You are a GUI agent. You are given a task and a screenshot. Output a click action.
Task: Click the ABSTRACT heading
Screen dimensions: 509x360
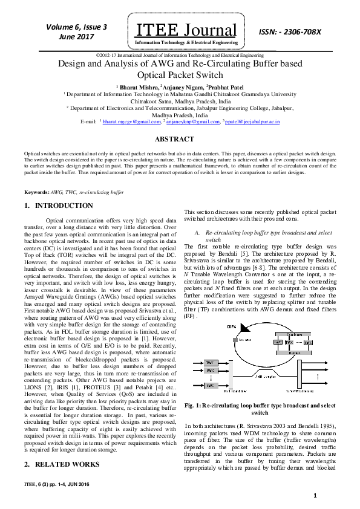(179, 140)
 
